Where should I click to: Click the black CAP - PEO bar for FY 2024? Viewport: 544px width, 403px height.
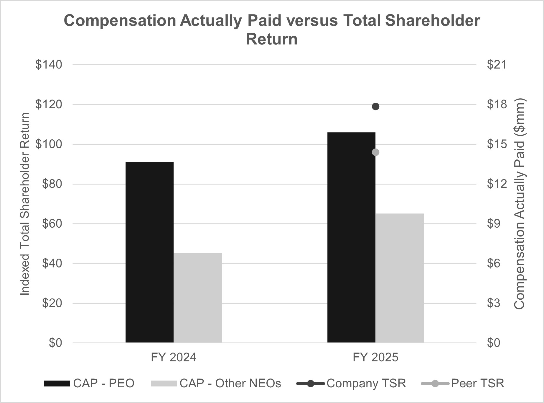pos(149,252)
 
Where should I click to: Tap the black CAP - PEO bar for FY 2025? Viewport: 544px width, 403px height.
pos(351,237)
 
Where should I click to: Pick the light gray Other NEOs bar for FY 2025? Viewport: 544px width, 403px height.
pos(399,278)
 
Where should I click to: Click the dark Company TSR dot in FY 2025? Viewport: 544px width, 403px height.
pos(375,106)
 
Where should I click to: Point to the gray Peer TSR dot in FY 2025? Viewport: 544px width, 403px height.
pos(375,152)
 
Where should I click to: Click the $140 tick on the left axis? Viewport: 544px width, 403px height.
pos(49,65)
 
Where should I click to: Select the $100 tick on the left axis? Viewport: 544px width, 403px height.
pos(49,144)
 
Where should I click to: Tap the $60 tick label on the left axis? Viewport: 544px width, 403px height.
pos(52,224)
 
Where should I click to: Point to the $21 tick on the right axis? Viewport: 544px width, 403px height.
pos(497,65)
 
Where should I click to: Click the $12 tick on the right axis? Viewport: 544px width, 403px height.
pos(497,184)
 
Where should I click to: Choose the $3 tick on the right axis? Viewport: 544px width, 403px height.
pos(494,303)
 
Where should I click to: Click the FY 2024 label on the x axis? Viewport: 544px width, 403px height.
pos(173,358)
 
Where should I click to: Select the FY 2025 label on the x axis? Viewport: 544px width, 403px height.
pos(375,358)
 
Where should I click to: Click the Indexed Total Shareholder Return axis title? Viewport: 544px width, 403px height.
pos(25,204)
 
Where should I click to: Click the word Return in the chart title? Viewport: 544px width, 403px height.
pos(272,39)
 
